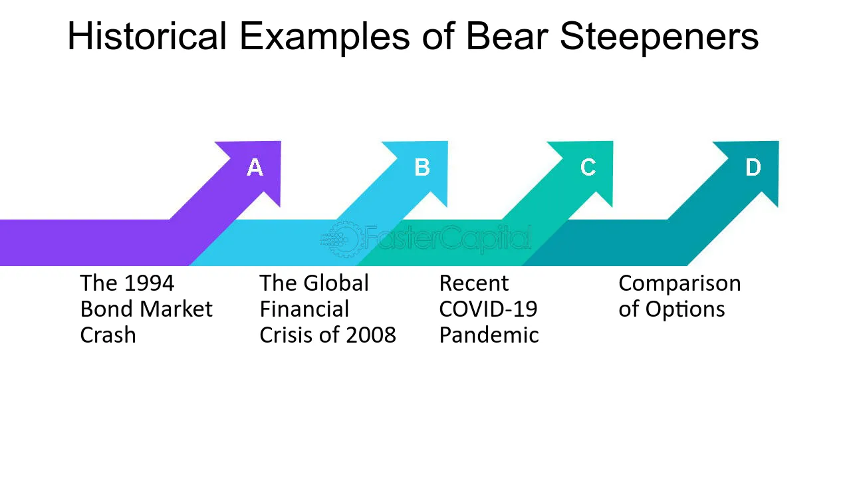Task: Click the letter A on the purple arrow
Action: [x=255, y=167]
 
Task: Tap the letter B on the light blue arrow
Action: [x=422, y=167]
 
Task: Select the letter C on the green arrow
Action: [x=588, y=167]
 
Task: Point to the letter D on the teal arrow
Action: [x=753, y=167]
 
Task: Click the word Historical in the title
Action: [x=147, y=36]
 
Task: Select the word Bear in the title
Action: [x=507, y=36]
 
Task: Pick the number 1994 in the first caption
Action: [x=150, y=283]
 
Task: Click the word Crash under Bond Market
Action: [x=108, y=335]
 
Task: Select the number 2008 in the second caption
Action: [x=371, y=335]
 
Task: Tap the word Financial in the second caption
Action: [x=304, y=309]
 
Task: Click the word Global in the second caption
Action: [x=336, y=283]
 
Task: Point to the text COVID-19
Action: [x=488, y=309]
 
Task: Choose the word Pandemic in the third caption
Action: [x=489, y=335]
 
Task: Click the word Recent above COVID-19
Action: [x=474, y=283]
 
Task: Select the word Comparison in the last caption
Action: [x=679, y=284]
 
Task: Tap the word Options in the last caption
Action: [x=685, y=310]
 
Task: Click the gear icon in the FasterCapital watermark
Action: [x=344, y=239]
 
